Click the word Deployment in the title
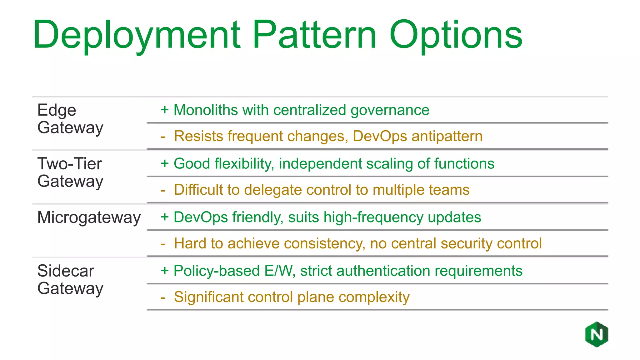pyautogui.click(x=137, y=35)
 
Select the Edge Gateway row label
pyautogui.click(x=70, y=119)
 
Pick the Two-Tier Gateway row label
pyautogui.click(x=70, y=172)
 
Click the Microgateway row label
pyautogui.click(x=89, y=217)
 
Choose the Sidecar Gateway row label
pyautogui.click(x=70, y=280)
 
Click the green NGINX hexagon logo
pyautogui.click(x=597, y=334)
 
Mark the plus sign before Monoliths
pyautogui.click(x=165, y=110)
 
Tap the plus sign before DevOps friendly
pyautogui.click(x=165, y=217)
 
